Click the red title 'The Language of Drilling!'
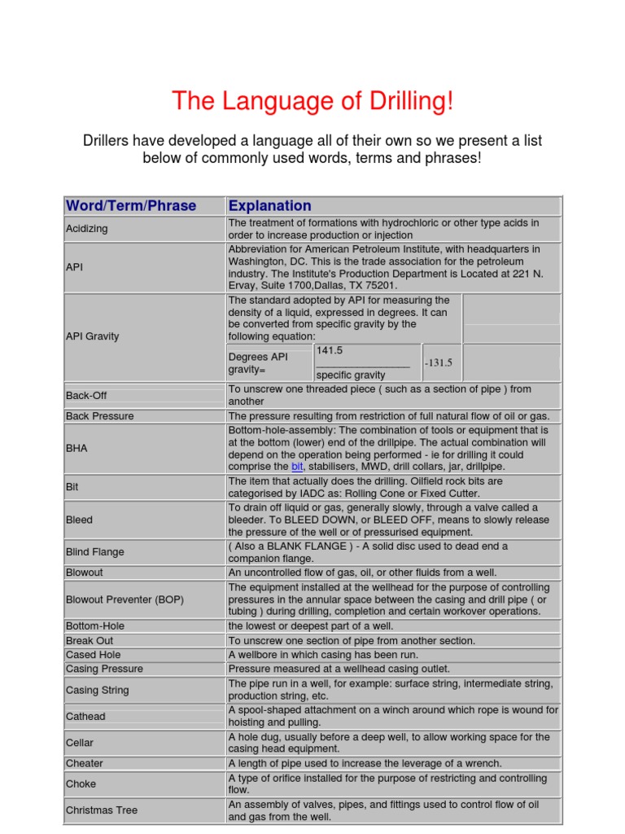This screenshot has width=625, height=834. tap(312, 102)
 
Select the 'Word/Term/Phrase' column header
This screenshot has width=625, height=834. tap(130, 205)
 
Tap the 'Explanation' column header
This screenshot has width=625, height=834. tap(269, 205)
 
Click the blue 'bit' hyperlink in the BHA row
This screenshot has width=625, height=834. tap(297, 467)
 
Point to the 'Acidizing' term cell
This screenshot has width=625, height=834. tap(87, 229)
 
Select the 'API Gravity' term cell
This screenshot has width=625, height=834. tap(92, 336)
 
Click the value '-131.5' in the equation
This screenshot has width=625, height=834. tap(438, 363)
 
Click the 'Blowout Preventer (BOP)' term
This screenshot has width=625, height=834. tap(125, 599)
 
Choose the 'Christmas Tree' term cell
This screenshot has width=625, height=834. tap(102, 810)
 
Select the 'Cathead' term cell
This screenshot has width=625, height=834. tap(85, 717)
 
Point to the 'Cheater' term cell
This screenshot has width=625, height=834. tap(85, 763)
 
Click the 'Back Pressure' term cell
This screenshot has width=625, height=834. tap(99, 416)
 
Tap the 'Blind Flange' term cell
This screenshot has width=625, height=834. tap(94, 552)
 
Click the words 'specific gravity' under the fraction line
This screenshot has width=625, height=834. tap(351, 375)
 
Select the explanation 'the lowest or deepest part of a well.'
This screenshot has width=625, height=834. tap(310, 626)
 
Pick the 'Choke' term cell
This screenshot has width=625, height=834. tap(81, 784)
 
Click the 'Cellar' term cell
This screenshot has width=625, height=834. tap(80, 743)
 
